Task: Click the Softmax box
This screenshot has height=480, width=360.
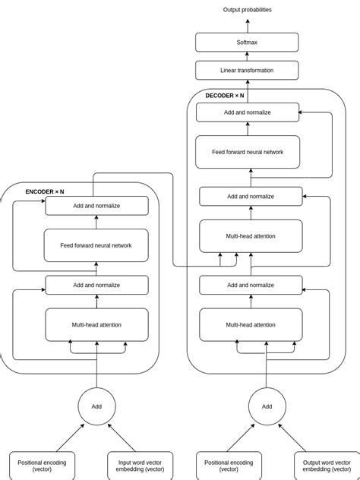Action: click(247, 43)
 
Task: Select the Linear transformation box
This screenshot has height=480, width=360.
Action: click(247, 71)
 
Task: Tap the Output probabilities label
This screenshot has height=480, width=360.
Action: click(247, 10)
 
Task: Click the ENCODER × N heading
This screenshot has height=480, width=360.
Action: click(45, 192)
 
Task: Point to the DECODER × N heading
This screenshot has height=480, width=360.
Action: click(225, 96)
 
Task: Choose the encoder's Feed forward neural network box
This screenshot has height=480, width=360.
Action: click(96, 245)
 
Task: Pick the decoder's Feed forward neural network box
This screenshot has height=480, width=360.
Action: click(248, 152)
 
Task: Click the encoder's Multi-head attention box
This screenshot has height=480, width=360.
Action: click(96, 325)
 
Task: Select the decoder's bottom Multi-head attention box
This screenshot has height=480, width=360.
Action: click(251, 325)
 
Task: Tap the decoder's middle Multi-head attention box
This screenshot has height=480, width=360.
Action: click(251, 236)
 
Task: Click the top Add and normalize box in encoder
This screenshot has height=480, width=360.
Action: click(96, 206)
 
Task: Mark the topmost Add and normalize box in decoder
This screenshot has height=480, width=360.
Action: click(248, 112)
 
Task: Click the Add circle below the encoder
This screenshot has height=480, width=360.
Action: click(96, 406)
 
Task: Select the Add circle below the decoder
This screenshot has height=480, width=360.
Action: click(267, 406)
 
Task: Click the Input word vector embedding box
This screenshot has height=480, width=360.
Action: click(140, 465)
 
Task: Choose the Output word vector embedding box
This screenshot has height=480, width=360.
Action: click(327, 465)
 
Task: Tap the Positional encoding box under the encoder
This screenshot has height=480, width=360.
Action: click(42, 465)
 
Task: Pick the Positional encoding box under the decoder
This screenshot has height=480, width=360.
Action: click(229, 465)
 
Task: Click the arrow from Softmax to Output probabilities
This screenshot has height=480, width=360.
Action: click(247, 26)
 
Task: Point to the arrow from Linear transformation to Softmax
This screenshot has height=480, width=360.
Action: click(247, 56)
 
